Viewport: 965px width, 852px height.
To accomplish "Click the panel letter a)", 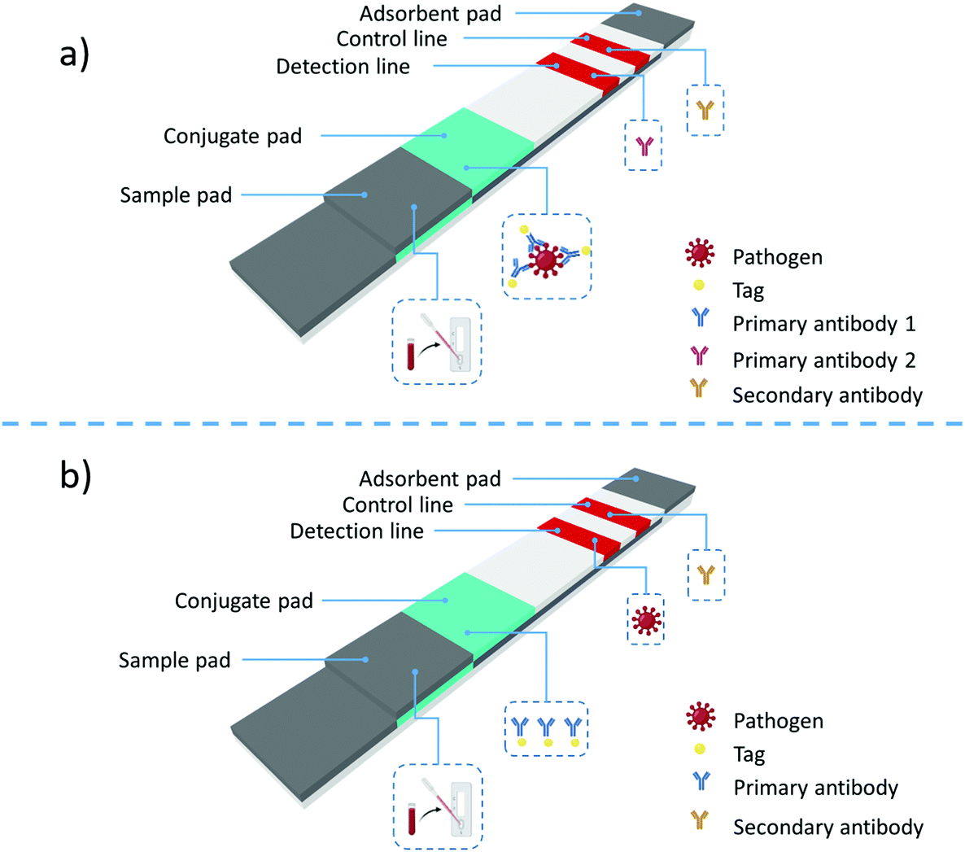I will [74, 56].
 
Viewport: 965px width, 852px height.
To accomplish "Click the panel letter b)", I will [75, 475].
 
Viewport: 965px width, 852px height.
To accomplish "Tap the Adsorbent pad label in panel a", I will [430, 14].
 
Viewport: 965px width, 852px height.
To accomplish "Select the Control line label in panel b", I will [397, 505].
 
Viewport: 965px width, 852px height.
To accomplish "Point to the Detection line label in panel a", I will [343, 67].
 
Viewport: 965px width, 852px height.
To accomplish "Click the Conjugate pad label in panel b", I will [243, 601].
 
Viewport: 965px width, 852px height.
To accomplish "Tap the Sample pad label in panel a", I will [176, 195].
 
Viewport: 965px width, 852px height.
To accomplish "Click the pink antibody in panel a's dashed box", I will [644, 146].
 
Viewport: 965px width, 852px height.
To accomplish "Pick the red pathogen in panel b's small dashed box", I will [646, 620].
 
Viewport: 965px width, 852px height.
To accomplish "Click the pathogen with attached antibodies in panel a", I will [546, 259].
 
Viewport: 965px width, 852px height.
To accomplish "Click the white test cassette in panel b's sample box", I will [461, 809].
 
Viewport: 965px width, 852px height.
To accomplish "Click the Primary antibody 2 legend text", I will [823, 360].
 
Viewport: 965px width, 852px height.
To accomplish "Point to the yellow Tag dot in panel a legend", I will [698, 286].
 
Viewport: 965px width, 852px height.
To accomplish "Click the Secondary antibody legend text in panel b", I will [827, 827].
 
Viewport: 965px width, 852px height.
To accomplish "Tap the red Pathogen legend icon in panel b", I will [700, 719].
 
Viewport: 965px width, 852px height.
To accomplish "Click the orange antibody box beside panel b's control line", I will [705, 575].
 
